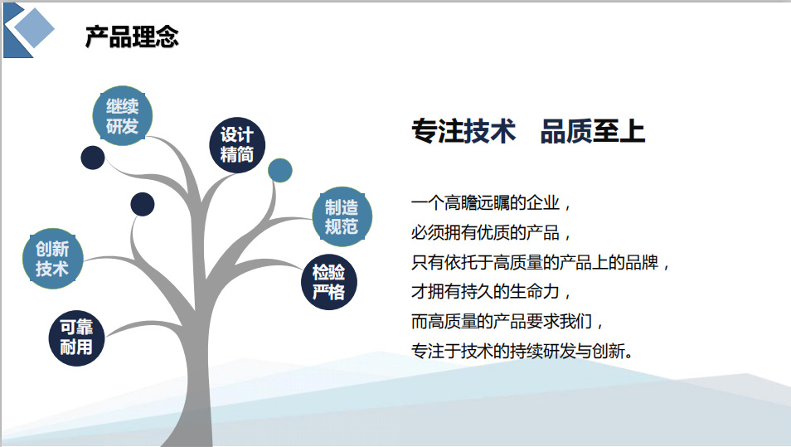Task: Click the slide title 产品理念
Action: click(x=132, y=36)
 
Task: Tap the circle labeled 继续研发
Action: click(x=123, y=116)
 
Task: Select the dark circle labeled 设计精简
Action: click(x=237, y=145)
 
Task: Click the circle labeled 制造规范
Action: click(x=342, y=216)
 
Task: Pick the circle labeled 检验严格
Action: click(x=329, y=282)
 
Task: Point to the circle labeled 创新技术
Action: click(x=52, y=259)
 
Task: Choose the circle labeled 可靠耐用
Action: click(x=76, y=338)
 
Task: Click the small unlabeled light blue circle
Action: click(x=280, y=171)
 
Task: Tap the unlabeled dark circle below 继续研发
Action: click(x=93, y=158)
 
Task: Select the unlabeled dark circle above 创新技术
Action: click(x=143, y=204)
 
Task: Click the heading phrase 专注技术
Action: click(x=463, y=131)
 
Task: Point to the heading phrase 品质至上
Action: click(x=593, y=131)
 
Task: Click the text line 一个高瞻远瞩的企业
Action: click(x=491, y=203)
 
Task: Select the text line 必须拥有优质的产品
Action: click(x=491, y=232)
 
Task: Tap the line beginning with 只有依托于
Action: click(x=541, y=262)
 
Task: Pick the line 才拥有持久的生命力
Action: click(x=491, y=292)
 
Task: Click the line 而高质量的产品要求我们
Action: click(x=507, y=322)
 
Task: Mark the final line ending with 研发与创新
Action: click(x=522, y=351)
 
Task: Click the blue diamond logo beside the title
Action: click(x=29, y=31)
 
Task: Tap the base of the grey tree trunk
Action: click(x=189, y=439)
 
